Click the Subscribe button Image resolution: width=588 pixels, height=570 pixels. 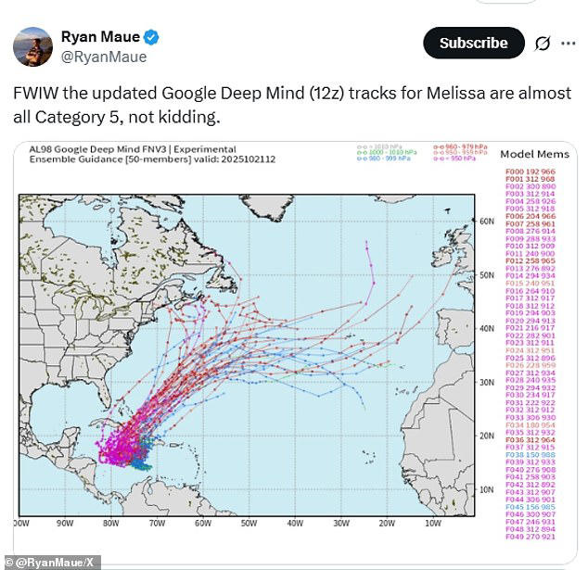click(473, 43)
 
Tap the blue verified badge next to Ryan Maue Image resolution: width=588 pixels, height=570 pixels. click(149, 37)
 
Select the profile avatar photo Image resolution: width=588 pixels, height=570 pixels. click(32, 46)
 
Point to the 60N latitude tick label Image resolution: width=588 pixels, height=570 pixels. click(485, 222)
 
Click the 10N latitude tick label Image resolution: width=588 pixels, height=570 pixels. click(485, 489)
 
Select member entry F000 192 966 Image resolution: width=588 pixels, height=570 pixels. click(530, 171)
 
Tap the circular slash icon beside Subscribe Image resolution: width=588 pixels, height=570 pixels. click(543, 43)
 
